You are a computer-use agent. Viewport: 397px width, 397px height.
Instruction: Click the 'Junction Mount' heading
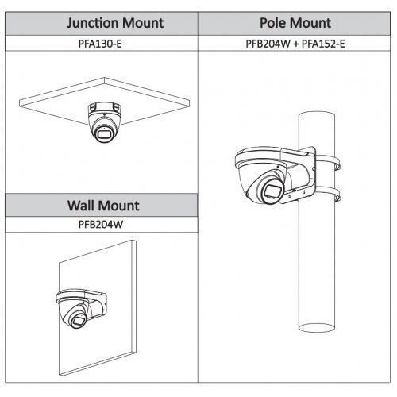click(115, 23)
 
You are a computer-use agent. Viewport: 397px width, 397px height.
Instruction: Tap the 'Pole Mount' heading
click(295, 23)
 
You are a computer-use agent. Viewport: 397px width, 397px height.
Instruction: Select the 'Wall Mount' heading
click(103, 206)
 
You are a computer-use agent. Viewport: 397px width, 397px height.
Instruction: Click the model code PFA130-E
click(100, 44)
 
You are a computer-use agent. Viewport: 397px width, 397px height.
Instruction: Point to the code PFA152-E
click(323, 44)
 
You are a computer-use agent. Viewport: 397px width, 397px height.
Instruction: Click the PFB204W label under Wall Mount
click(101, 225)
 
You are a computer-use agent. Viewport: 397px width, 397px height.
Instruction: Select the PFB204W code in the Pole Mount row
click(268, 44)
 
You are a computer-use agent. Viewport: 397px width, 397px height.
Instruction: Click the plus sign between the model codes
click(296, 44)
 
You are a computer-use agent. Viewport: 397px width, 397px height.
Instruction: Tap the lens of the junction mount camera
click(103, 134)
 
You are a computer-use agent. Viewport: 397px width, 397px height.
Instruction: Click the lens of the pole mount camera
click(272, 191)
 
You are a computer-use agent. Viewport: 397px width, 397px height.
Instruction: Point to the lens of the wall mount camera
click(79, 322)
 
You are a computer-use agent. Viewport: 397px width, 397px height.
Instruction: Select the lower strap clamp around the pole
click(328, 195)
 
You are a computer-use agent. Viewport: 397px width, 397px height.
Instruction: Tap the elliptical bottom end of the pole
click(317, 329)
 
